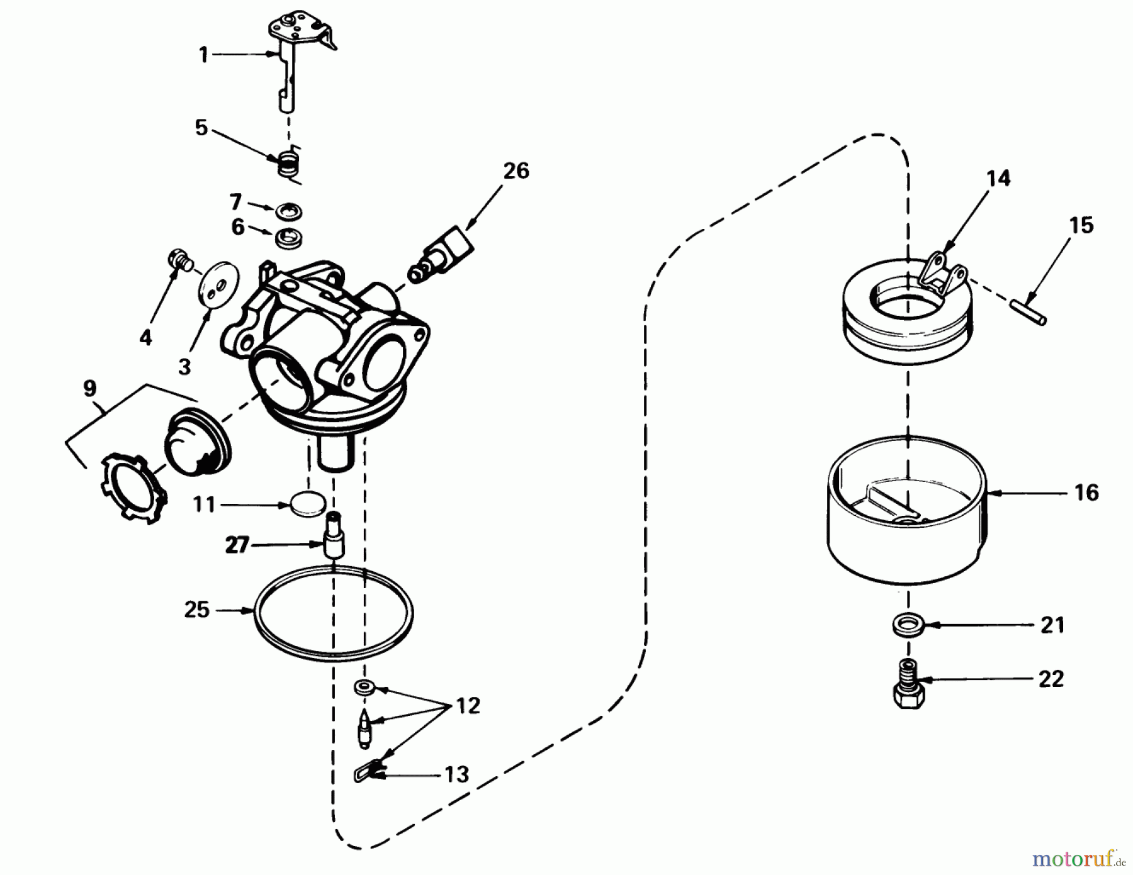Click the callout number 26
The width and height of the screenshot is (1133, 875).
(516, 170)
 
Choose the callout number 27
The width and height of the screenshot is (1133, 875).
(237, 545)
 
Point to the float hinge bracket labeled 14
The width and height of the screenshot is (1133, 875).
(943, 277)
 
